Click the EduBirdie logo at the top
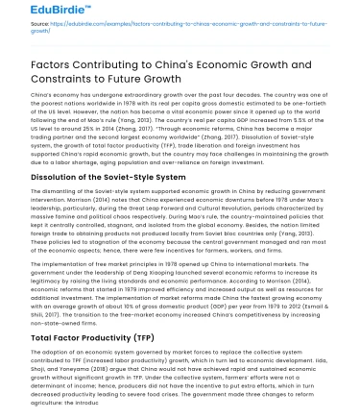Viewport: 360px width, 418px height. [x=32, y=12]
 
